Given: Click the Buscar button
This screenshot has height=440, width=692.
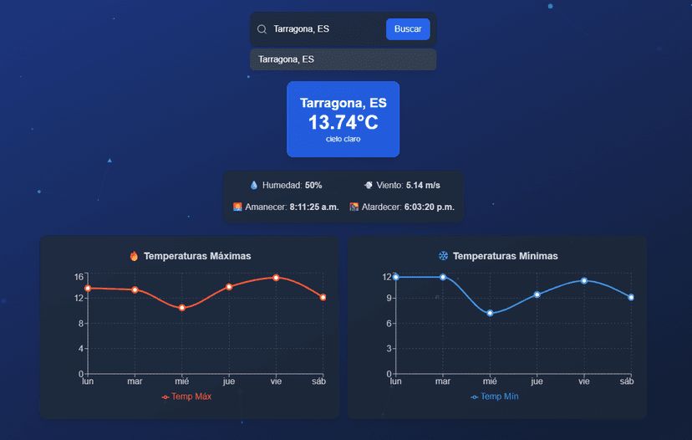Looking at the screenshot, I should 408,29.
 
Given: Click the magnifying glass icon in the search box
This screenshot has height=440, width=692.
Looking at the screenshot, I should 262,29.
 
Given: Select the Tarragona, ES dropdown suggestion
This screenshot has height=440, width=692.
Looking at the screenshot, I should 343,59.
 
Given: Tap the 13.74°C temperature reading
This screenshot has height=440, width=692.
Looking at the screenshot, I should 343,122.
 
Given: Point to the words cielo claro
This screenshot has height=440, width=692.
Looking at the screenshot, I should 343,139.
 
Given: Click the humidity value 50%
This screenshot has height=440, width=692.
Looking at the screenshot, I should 313,185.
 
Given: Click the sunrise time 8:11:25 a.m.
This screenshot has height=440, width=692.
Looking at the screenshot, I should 314,207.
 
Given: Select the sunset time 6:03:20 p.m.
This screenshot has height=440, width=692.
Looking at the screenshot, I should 429,207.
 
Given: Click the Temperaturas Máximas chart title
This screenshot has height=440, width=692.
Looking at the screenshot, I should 197,256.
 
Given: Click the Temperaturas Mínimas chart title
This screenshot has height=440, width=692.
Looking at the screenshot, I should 505,256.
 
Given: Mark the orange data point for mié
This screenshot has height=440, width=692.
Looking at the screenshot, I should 182,308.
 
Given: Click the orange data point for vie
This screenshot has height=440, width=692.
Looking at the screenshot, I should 276,277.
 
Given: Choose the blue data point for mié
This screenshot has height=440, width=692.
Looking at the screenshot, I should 491,313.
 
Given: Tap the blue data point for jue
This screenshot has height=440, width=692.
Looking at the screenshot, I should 537,294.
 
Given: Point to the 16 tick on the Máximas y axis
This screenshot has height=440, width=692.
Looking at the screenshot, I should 79,277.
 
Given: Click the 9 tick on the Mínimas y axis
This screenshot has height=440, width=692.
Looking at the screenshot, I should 388,298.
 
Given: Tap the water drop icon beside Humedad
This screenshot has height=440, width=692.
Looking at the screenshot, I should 255,185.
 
